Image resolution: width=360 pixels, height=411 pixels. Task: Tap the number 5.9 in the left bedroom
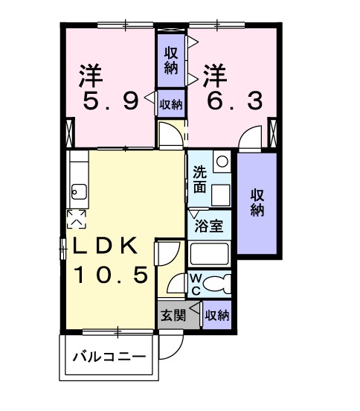click(111, 101)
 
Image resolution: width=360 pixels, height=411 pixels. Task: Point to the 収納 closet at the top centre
click(171, 58)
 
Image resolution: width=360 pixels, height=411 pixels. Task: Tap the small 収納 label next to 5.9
click(171, 104)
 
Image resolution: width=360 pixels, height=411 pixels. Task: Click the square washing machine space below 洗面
click(221, 195)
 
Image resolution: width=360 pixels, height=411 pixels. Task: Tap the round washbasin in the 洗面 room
click(221, 160)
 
